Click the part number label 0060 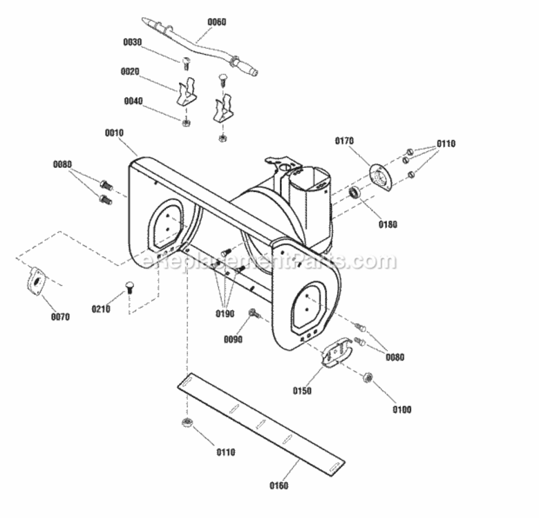pyautogui.click(x=217, y=21)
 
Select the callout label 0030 pyautogui.click(x=132, y=42)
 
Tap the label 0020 pyautogui.click(x=130, y=71)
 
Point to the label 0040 pyautogui.click(x=133, y=101)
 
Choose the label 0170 pyautogui.click(x=344, y=141)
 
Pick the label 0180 pyautogui.click(x=388, y=224)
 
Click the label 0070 pyautogui.click(x=60, y=318)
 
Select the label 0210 pyautogui.click(x=101, y=309)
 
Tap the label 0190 pyautogui.click(x=225, y=314)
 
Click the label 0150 pyautogui.click(x=302, y=391)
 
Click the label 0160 pyautogui.click(x=278, y=486)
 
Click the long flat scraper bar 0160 pyautogui.click(x=263, y=424)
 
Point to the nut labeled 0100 pyautogui.click(x=368, y=377)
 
